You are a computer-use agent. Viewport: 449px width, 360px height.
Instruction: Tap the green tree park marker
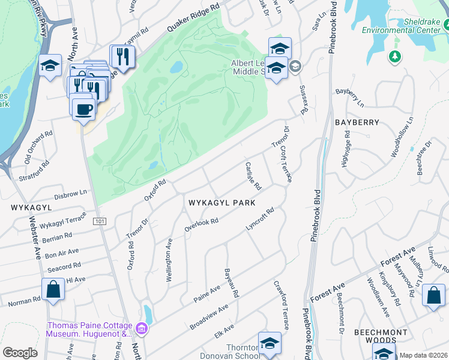coord(394,57)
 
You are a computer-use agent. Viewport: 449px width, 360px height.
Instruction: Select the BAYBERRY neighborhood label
coord(357,122)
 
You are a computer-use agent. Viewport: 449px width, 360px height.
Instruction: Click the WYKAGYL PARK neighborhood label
coord(221,203)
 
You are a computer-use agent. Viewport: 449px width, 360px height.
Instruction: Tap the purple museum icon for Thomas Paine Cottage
coord(142,328)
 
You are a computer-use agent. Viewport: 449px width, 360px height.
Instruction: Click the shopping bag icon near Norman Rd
coord(53,289)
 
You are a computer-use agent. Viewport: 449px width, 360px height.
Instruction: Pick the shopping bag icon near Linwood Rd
coord(433,296)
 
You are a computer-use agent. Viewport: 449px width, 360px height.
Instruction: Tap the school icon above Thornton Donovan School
coord(270,343)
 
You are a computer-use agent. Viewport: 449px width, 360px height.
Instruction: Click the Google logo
coord(20,353)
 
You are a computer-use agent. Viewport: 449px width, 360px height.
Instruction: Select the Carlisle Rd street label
coord(253,176)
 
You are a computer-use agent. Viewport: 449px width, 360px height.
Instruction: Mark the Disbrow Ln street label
coord(71,193)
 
